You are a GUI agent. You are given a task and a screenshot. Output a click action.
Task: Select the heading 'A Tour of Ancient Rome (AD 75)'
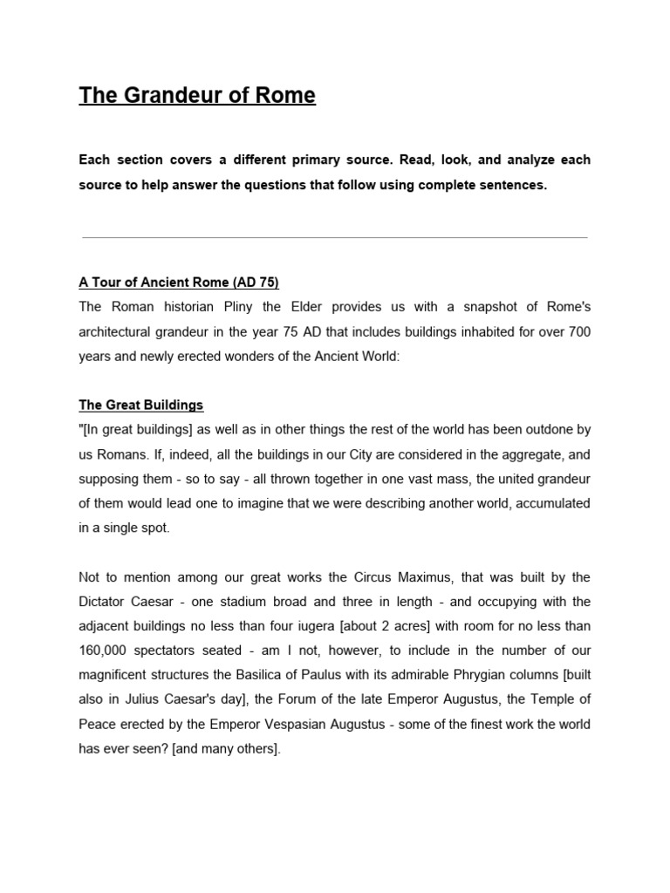pyautogui.click(x=179, y=283)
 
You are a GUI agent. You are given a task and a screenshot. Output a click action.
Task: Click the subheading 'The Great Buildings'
pyautogui.click(x=141, y=405)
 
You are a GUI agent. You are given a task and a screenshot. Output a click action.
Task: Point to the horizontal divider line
pyautogui.click(x=335, y=237)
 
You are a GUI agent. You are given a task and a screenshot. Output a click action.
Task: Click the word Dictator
pyautogui.click(x=103, y=602)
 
